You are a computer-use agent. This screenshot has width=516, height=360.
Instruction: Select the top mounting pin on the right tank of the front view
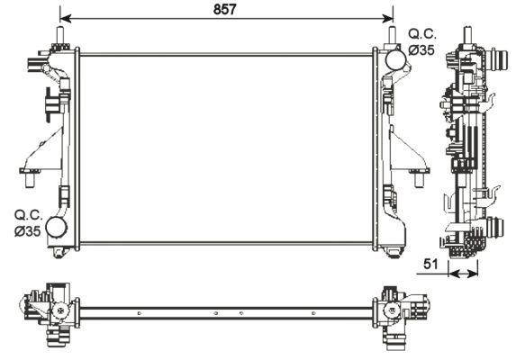[393, 37]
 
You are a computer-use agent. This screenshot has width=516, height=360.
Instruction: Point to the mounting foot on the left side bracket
[30, 177]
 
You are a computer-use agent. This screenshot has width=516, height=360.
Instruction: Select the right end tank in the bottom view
[394, 314]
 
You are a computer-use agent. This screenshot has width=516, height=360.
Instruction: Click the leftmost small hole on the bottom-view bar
[140, 314]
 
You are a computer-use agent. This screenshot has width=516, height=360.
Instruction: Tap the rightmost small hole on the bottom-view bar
[312, 314]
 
